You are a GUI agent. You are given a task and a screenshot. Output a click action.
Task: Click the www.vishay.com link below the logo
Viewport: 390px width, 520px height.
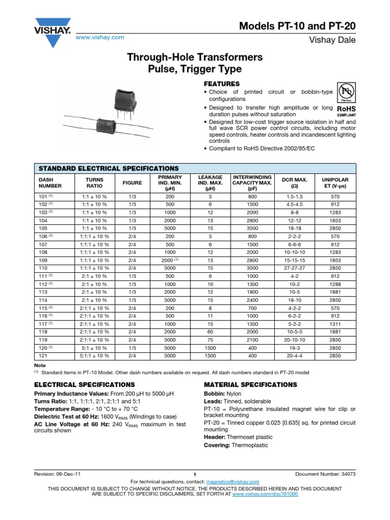point(100,38)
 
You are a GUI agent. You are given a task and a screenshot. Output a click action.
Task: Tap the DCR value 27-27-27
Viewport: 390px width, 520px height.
point(294,267)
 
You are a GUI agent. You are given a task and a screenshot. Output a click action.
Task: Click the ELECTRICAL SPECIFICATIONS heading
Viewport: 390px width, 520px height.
point(84,384)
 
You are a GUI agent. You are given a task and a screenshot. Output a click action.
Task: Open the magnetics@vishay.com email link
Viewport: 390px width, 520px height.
point(233,482)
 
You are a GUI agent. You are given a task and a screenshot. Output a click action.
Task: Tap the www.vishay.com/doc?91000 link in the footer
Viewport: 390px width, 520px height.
point(265,494)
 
